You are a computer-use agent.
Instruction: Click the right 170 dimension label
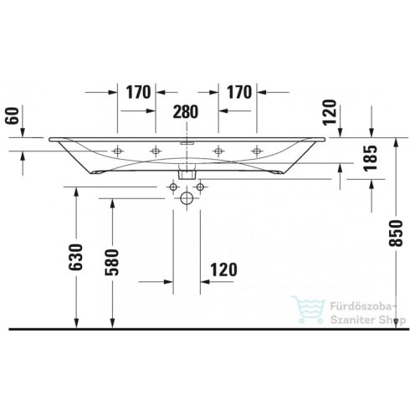[x=238, y=92]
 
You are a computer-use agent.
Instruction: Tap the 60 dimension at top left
[x=10, y=115]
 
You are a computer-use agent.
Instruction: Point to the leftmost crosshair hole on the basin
[x=118, y=151]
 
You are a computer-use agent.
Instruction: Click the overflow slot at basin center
[x=186, y=144]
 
